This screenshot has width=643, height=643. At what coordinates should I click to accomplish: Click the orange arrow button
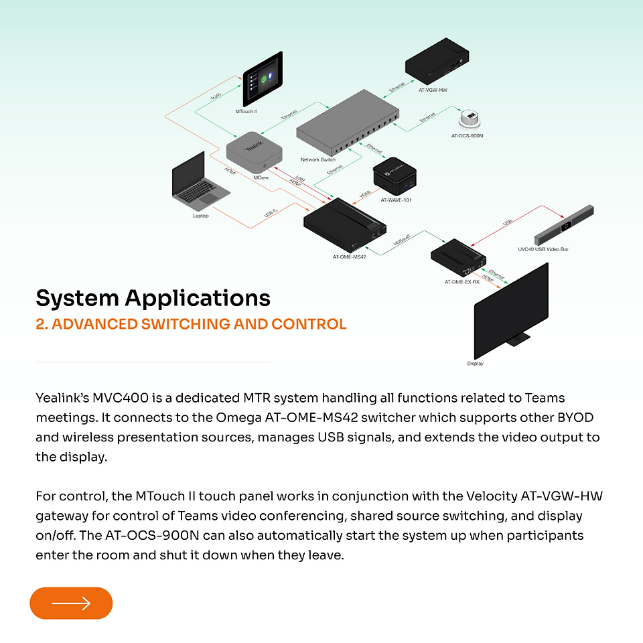pos(71,603)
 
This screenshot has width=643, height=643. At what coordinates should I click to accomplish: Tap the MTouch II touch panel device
pos(263,79)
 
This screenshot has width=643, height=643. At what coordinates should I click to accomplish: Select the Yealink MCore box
pos(255,152)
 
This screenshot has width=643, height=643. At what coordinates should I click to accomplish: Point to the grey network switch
pos(348,122)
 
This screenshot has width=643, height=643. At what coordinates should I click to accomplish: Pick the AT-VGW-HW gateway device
pos(437,61)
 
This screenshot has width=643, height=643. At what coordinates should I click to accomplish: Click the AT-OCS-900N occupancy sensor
pos(469,119)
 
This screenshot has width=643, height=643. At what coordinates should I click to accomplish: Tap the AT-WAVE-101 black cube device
pos(395,176)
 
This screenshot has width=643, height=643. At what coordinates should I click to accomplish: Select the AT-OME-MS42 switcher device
pos(344,225)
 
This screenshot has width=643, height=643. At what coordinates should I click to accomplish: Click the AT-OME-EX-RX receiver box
pos(458,258)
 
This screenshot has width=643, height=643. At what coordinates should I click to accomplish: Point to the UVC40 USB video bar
pos(564,225)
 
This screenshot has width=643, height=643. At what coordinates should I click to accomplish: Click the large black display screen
pos(511,311)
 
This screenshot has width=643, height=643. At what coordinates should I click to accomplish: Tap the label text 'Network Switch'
pos(317,159)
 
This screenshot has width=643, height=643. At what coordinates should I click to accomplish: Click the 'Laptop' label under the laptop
pos(200,216)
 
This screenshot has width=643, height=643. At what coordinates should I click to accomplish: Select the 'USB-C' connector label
pos(271,213)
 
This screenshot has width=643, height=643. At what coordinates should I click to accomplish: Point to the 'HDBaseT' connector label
pos(402,240)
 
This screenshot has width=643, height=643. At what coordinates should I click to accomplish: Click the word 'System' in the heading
pos(77,299)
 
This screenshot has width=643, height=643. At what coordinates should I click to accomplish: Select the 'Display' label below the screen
pos(476,363)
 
